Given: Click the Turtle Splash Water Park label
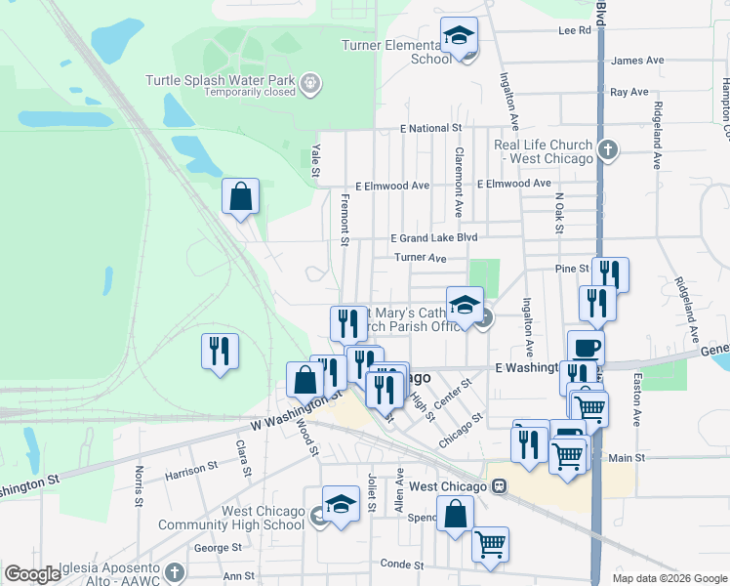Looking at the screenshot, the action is pyautogui.click(x=223, y=80).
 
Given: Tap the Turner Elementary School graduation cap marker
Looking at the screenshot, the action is pyautogui.click(x=459, y=36).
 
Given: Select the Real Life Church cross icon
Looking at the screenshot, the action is pyautogui.click(x=608, y=150).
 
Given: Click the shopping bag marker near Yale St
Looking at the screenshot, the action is pyautogui.click(x=240, y=197).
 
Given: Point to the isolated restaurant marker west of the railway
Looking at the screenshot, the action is pyautogui.click(x=220, y=350).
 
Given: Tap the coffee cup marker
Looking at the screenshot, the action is pyautogui.click(x=586, y=348).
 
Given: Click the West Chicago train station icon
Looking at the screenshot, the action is pyautogui.click(x=498, y=485).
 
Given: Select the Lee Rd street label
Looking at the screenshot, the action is pyautogui.click(x=575, y=30).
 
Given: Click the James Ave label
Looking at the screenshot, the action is pyautogui.click(x=636, y=61).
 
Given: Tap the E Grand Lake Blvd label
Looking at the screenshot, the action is pyautogui.click(x=433, y=238).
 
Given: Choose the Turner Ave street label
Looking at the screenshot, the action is pyautogui.click(x=420, y=258).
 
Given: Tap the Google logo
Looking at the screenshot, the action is pyautogui.click(x=33, y=574).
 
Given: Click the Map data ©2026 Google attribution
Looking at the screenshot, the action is pyautogui.click(x=669, y=578).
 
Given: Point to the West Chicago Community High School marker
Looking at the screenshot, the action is pyautogui.click(x=341, y=505).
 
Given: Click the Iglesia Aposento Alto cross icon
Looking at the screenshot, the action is pyautogui.click(x=175, y=570).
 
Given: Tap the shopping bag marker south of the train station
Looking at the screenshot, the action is pyautogui.click(x=455, y=514).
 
